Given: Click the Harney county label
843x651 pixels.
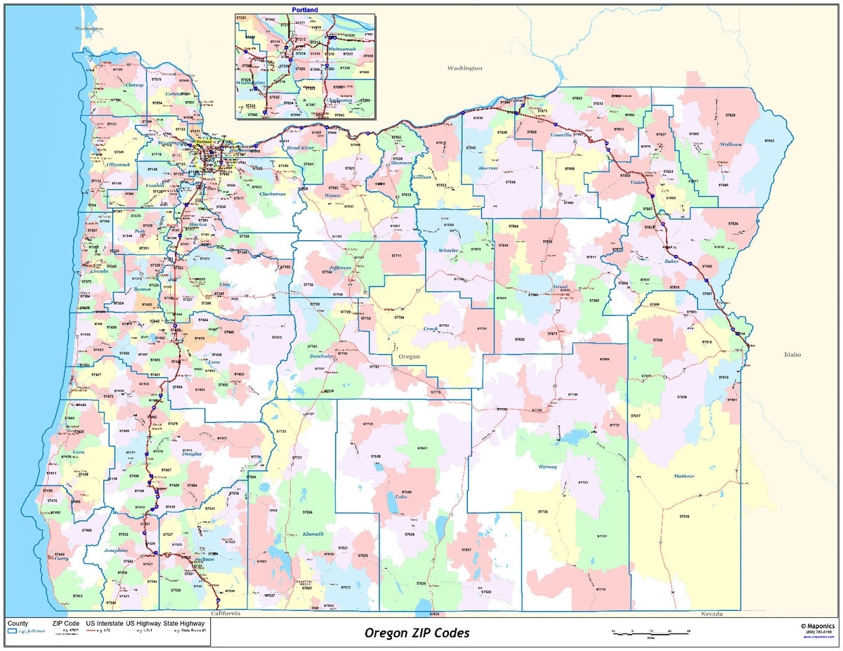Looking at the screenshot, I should coord(547,467).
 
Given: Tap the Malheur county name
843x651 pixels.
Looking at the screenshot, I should coord(684,477).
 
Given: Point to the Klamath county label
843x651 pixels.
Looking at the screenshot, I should coord(313,534).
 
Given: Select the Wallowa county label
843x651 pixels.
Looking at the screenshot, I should coord(731,145).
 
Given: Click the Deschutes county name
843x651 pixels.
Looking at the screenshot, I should coord(322,357).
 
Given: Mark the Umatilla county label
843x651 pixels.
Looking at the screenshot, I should coord(560,134).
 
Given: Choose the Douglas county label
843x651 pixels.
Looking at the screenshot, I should coord(191,454).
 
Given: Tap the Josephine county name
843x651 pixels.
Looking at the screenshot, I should coord(116,551).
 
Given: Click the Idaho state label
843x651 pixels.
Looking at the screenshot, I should coord(792,355).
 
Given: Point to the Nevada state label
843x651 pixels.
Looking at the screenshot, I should coord(712,614).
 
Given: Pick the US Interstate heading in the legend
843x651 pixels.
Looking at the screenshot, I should coord(104,623).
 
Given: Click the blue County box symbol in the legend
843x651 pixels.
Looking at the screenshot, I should coord(12,631).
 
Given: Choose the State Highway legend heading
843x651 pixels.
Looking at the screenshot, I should coord(184,623).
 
